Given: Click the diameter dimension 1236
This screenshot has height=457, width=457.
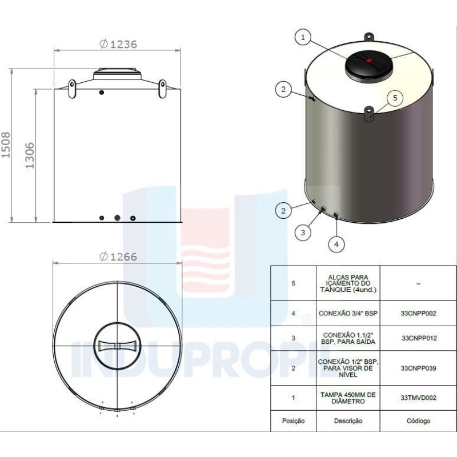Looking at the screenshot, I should pyautogui.click(x=118, y=44).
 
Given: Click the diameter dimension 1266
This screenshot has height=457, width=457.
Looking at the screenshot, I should pyautogui.click(x=118, y=256).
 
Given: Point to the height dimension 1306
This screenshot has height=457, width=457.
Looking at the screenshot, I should pyautogui.click(x=30, y=155).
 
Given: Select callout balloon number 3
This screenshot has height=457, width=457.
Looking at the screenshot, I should pyautogui.click(x=303, y=232).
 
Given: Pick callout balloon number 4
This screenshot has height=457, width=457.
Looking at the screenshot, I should pyautogui.click(x=336, y=244).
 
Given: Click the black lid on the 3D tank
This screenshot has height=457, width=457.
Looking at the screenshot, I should pyautogui.click(x=369, y=65).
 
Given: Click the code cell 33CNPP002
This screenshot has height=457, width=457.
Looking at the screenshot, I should pyautogui.click(x=419, y=314).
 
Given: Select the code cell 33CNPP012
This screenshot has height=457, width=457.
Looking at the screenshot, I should pyautogui.click(x=419, y=338).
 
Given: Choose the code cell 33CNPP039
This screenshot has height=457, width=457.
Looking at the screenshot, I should pyautogui.click(x=419, y=368).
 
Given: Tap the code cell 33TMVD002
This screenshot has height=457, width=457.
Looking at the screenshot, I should pyautogui.click(x=419, y=398).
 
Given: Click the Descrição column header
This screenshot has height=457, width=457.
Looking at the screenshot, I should pyautogui.click(x=348, y=421).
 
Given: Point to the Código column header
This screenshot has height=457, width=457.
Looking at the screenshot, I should pyautogui.click(x=419, y=421).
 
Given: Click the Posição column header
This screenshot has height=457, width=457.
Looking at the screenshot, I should pyautogui.click(x=294, y=421).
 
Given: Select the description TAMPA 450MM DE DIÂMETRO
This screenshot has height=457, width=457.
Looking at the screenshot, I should pyautogui.click(x=348, y=398).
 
